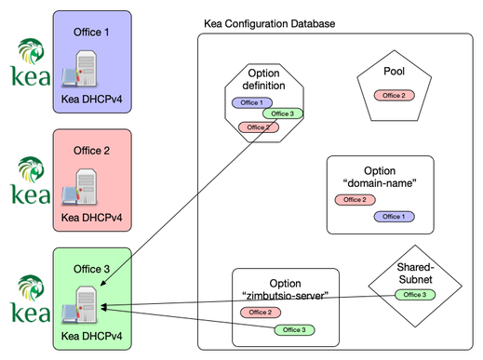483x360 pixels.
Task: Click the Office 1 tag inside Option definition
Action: point(250,102)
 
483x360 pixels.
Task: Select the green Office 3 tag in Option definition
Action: point(281,113)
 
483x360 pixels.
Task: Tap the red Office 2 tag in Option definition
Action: point(257,127)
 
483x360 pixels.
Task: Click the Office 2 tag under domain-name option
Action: point(354,200)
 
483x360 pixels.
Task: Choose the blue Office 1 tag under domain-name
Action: point(395,217)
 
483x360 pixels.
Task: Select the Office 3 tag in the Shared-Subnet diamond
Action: point(413,295)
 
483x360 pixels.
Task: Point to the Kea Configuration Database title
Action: point(269,22)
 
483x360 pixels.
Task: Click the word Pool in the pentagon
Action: point(394,72)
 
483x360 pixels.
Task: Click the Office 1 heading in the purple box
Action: point(91,32)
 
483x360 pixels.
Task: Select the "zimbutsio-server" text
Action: point(284,296)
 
